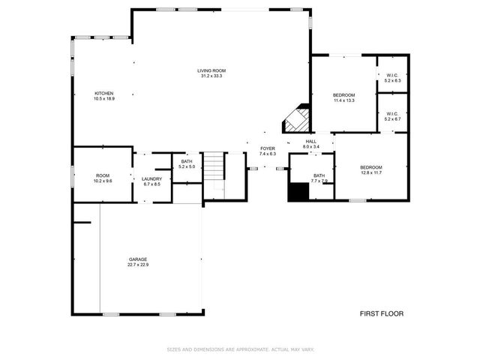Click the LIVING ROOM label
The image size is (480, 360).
211,70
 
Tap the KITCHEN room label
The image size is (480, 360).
103,93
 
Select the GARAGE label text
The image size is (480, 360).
137,259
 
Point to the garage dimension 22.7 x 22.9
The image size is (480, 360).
137,265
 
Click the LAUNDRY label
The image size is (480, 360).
152,178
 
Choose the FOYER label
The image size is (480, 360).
268,148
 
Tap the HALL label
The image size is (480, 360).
310,140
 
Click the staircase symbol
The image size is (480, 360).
215,166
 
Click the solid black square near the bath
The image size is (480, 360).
298,191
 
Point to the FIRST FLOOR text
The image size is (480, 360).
381,313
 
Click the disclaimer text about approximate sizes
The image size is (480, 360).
240,349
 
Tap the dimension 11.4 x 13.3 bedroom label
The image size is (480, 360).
343,100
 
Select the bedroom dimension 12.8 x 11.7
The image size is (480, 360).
370,172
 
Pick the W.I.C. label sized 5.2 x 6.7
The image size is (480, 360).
393,118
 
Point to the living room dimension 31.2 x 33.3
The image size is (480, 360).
211,76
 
